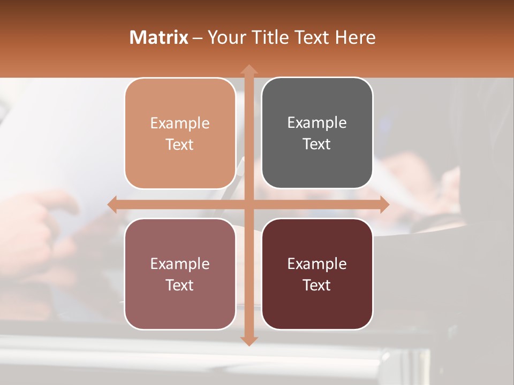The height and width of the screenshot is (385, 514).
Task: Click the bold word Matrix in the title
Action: (159, 37)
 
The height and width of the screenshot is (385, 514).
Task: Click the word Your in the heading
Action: (226, 37)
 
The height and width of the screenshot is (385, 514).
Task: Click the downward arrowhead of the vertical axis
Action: (248, 341)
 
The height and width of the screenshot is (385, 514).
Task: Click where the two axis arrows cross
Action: (248, 204)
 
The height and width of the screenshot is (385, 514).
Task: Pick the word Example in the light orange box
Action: (180, 124)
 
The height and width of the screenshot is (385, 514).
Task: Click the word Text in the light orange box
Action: (180, 144)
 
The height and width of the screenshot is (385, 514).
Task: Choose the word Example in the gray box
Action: (317, 123)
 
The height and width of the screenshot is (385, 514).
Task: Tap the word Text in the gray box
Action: (317, 144)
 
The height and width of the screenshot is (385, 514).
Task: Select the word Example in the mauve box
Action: (180, 264)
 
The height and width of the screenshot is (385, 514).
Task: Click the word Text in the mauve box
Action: (180, 285)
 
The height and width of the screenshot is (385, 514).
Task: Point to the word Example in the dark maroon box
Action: (317, 264)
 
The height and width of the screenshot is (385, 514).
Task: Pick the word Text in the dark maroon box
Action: (317, 285)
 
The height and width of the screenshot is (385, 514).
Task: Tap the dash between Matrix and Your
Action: (198, 38)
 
